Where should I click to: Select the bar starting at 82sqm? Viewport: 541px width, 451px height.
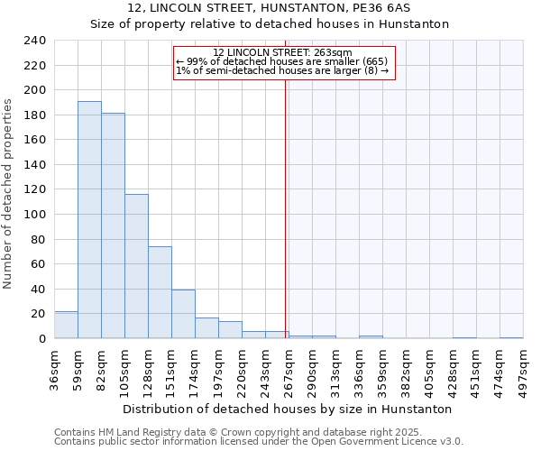113,225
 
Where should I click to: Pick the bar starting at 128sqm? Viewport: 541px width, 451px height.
160,292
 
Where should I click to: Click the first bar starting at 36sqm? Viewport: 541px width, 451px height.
66,325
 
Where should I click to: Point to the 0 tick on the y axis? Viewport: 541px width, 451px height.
41,339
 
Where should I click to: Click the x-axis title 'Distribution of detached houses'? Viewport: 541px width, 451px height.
287,409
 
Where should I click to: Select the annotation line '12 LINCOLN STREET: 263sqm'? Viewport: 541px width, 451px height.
283,52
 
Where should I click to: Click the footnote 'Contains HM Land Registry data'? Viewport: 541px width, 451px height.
135,432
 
